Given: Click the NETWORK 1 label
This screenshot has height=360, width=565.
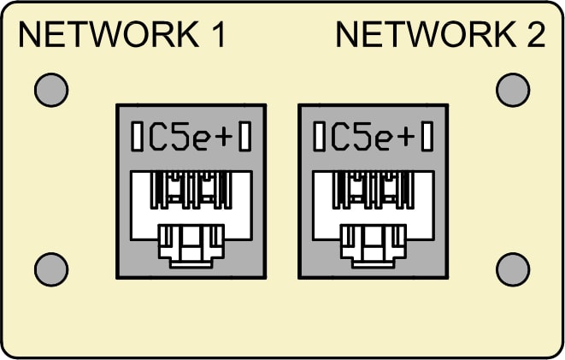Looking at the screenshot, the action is pyautogui.click(x=121, y=34).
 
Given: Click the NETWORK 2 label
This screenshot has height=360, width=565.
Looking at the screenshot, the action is pyautogui.click(x=440, y=34).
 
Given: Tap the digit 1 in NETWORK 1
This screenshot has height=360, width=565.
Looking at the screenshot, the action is pyautogui.click(x=217, y=34).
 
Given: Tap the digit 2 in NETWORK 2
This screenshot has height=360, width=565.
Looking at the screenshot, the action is pyautogui.click(x=536, y=34).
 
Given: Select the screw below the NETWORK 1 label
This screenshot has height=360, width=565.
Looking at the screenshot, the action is pyautogui.click(x=51, y=90).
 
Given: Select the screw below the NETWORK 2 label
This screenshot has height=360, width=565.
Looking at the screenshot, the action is pyautogui.click(x=513, y=90).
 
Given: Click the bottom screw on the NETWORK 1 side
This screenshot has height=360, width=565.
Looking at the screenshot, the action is pyautogui.click(x=51, y=269).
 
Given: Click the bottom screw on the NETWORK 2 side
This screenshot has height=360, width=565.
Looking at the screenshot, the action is pyautogui.click(x=513, y=269).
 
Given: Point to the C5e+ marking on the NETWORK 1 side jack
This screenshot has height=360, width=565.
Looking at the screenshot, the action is pyautogui.click(x=191, y=137).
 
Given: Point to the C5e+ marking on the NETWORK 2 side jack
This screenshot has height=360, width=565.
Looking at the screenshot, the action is pyautogui.click(x=373, y=137).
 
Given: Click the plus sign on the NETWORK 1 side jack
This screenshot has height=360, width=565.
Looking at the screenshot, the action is pyautogui.click(x=224, y=138).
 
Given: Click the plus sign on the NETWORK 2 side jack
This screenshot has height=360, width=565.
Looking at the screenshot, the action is pyautogui.click(x=406, y=138).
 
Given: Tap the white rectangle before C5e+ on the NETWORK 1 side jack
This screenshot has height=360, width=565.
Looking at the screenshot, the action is pyautogui.click(x=137, y=136).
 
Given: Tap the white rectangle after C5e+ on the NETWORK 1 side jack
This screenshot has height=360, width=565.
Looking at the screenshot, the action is pyautogui.click(x=245, y=136).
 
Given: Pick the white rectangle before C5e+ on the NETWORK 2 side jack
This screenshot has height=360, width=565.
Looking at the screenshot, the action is pyautogui.click(x=319, y=136).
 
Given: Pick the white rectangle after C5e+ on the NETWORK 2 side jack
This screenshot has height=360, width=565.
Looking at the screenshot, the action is pyautogui.click(x=427, y=136).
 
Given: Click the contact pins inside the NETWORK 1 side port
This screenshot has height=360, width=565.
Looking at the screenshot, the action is pyautogui.click(x=191, y=190).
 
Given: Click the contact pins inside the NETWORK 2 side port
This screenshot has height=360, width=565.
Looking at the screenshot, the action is pyautogui.click(x=374, y=190).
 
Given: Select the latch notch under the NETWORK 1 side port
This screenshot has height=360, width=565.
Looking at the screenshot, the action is pyautogui.click(x=191, y=246).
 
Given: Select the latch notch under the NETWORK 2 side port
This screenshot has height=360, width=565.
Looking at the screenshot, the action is pyautogui.click(x=374, y=246).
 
